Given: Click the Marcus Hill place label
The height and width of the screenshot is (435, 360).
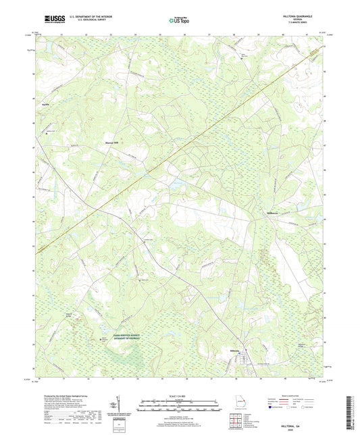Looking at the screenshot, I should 111,143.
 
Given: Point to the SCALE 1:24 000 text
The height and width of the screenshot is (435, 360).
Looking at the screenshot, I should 179,396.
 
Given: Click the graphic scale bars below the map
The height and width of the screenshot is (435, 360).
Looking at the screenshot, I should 179,406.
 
